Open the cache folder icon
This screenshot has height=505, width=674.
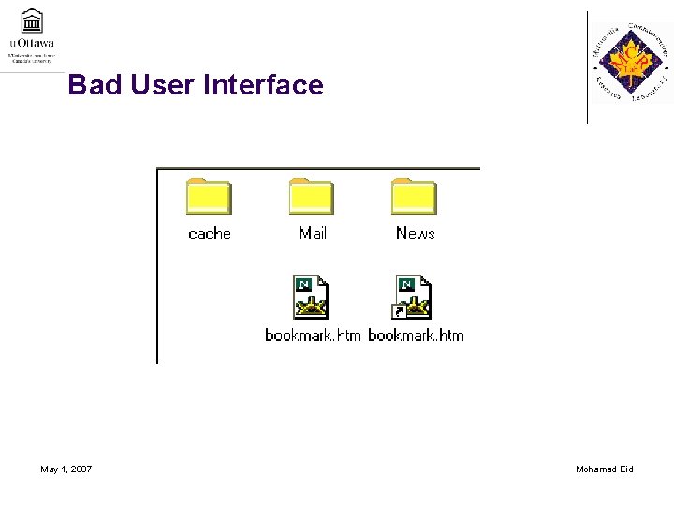tap(209, 195)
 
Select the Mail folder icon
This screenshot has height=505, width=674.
tap(312, 195)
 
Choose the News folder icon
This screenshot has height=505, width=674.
tap(414, 195)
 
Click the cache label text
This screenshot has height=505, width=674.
tap(209, 234)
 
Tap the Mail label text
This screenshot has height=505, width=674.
tap(313, 233)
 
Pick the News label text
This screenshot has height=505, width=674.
tap(415, 233)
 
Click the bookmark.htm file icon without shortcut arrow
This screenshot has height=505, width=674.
tap(312, 297)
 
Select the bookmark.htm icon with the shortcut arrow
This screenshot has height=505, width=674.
tap(413, 297)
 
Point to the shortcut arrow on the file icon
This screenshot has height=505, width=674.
tap(400, 312)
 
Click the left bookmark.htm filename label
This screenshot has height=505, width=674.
tap(313, 335)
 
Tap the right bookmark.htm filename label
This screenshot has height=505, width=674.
tap(416, 335)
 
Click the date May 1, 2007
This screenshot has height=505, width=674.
tap(66, 469)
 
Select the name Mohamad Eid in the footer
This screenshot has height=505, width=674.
tap(605, 469)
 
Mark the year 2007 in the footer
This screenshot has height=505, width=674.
tap(81, 469)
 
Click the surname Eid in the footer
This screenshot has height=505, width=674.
tap(625, 469)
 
